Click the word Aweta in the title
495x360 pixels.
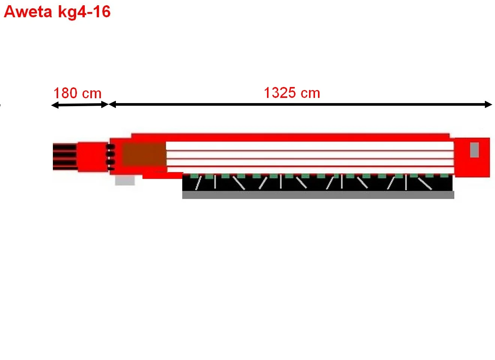(x=28, y=12)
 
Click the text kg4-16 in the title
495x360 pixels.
(x=84, y=12)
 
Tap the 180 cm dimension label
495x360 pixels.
(x=77, y=93)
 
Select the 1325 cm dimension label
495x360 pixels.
(x=292, y=93)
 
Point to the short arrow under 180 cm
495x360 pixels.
(x=80, y=105)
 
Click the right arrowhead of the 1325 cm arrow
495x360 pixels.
(x=488, y=104)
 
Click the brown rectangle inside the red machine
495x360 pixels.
(x=144, y=154)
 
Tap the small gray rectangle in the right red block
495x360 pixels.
(x=474, y=150)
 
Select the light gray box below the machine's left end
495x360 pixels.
(x=125, y=180)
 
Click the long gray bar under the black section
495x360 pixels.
(x=318, y=195)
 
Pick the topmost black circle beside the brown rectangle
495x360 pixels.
(x=110, y=147)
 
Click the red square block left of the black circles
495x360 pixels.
(x=93, y=157)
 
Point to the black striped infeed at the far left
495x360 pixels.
(x=65, y=157)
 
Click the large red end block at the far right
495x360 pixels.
(x=472, y=157)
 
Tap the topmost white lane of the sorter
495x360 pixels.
(x=310, y=146)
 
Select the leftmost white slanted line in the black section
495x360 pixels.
(x=198, y=183)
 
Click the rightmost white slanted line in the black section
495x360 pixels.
(x=425, y=184)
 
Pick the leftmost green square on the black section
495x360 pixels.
(x=194, y=176)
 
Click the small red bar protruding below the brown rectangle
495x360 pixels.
(x=163, y=175)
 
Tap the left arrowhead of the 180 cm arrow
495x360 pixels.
(x=55, y=105)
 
